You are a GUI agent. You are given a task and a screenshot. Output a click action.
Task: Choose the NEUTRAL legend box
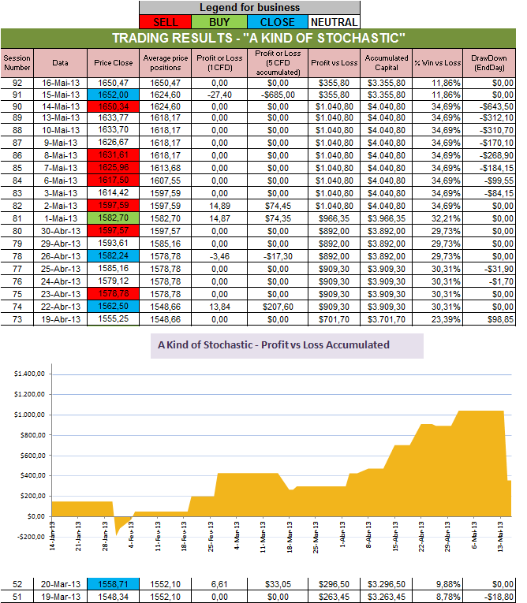click(x=333, y=22)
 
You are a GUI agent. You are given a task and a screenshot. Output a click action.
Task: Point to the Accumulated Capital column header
click(x=387, y=62)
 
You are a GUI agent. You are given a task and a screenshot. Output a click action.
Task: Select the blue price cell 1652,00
click(x=113, y=95)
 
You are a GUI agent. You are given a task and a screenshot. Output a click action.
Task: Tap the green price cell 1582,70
click(x=113, y=218)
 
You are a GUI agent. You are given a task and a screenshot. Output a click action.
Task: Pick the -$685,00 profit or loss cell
click(x=274, y=95)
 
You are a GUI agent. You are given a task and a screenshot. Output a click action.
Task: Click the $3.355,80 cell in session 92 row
click(x=387, y=82)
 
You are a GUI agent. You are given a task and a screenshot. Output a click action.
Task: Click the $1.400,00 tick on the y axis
click(x=31, y=373)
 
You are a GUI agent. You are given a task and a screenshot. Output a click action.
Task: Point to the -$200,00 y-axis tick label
click(x=30, y=537)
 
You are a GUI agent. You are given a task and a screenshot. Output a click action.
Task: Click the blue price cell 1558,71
click(x=113, y=583)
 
